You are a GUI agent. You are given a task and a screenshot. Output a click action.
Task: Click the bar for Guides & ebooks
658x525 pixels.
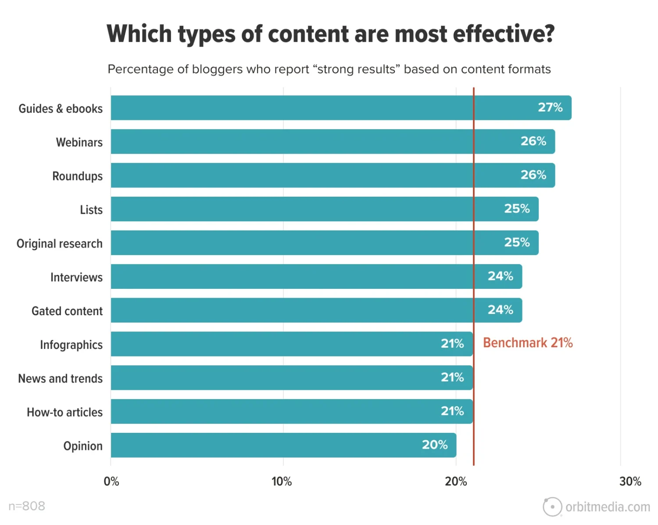click(307, 108)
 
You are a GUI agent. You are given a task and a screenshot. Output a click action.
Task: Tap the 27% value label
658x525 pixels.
click(550, 108)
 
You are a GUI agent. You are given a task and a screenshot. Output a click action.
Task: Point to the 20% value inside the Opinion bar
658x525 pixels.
click(435, 445)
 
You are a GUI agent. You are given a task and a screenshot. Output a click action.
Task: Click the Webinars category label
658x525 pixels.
click(79, 142)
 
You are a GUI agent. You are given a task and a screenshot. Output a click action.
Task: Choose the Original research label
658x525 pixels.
click(60, 244)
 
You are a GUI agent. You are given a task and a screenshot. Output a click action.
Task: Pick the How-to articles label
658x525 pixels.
click(65, 412)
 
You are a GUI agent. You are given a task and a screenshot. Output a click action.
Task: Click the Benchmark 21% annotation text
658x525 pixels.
click(528, 343)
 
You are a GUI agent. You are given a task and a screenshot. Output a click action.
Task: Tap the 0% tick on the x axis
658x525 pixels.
click(111, 482)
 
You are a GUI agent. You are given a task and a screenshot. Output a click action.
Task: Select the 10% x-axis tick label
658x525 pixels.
click(282, 482)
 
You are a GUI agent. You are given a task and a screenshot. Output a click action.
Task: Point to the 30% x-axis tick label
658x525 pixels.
click(630, 482)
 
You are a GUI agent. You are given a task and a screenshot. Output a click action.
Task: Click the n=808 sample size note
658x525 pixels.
click(27, 506)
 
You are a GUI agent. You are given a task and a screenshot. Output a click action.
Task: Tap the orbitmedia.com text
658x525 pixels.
click(608, 507)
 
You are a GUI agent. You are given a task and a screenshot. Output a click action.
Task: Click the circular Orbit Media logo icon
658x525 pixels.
click(552, 507)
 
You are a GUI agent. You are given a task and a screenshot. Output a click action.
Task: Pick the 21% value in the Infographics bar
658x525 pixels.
click(452, 344)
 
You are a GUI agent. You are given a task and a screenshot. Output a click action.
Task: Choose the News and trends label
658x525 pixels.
click(61, 378)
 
